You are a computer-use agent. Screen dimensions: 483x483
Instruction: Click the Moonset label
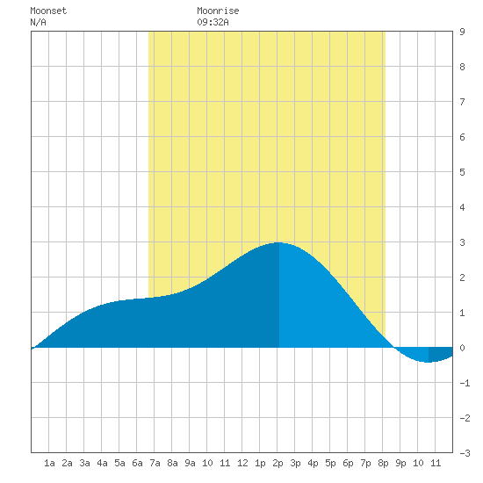[x=48, y=11]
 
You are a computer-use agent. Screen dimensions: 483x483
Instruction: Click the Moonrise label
[x=218, y=11]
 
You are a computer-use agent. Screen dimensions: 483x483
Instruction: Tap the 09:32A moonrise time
[x=213, y=22]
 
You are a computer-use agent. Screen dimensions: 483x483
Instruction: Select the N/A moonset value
[x=38, y=22]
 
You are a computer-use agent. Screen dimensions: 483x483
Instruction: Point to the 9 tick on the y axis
[x=462, y=32]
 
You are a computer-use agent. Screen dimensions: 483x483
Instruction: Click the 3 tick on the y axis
[x=462, y=242]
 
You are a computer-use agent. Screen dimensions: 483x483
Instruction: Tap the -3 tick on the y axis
[x=465, y=453]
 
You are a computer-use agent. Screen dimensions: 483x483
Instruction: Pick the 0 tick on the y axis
[x=462, y=348]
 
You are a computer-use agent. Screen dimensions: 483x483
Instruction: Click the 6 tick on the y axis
[x=462, y=137]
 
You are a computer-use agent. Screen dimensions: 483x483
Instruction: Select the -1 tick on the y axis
[x=465, y=383]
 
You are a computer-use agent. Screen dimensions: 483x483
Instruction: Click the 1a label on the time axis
[x=49, y=463]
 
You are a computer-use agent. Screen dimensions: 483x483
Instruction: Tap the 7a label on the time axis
[x=155, y=463]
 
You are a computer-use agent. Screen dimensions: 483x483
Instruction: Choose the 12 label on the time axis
[x=242, y=463]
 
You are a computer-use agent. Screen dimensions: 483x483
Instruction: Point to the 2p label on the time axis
[x=278, y=463]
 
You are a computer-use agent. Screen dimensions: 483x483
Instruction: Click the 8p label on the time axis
[x=383, y=463]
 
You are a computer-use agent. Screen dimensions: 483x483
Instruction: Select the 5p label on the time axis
[x=330, y=463]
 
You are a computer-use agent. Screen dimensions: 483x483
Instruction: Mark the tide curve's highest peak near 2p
[x=278, y=242]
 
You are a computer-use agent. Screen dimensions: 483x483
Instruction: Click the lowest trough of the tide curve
[x=429, y=362]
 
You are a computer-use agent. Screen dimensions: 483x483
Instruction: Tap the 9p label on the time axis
[x=400, y=463]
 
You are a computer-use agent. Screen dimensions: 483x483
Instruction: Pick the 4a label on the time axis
[x=102, y=463]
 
